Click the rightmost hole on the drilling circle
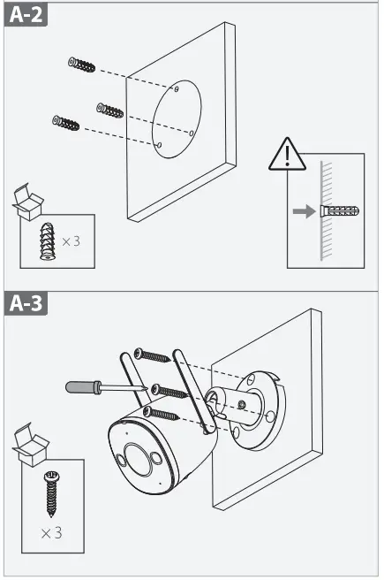pyautogui.click(x=192, y=133)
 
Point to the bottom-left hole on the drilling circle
pyautogui.click(x=158, y=144)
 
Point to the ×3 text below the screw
pyautogui.click(x=49, y=533)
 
